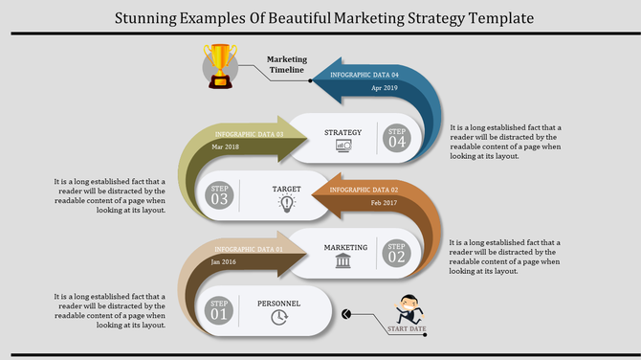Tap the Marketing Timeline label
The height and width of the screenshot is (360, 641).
(286, 64)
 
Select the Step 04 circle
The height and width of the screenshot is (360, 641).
(397, 138)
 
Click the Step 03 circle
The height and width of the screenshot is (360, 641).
(220, 194)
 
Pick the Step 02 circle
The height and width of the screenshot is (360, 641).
(397, 253)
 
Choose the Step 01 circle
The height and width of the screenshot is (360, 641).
(220, 310)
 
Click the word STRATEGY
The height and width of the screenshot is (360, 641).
(343, 132)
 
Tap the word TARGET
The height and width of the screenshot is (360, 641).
(286, 190)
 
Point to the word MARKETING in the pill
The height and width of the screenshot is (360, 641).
(345, 247)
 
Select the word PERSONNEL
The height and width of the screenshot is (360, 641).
(279, 304)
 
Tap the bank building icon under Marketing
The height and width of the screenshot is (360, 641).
(343, 260)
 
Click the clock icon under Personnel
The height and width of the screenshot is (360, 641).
(279, 318)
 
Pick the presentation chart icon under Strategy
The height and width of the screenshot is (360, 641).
(343, 146)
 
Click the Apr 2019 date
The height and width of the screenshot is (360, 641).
(384, 88)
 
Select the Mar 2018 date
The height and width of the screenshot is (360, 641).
(225, 146)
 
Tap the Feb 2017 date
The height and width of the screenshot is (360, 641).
(383, 203)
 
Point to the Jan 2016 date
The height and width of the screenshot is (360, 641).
(224, 261)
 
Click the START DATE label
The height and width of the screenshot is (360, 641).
(407, 329)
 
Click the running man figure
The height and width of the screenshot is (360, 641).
(408, 308)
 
